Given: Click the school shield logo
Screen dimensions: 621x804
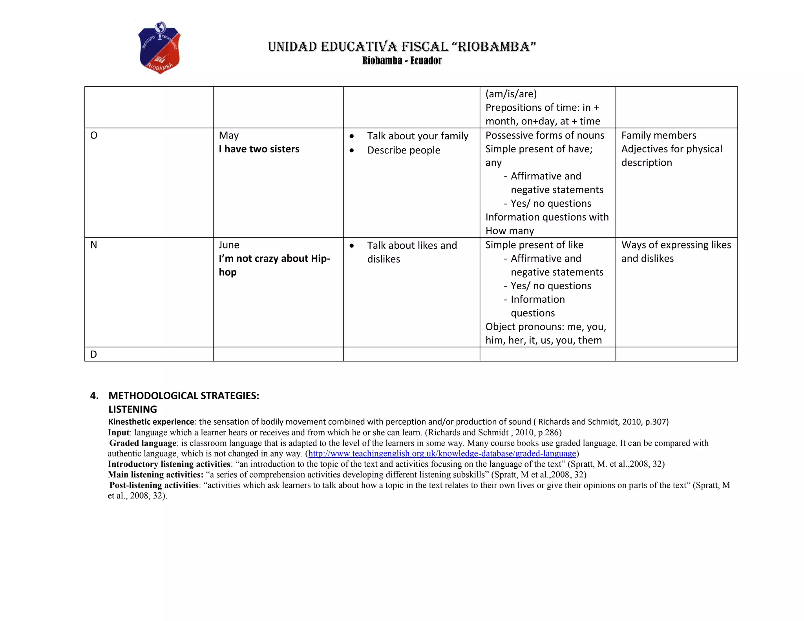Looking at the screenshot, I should click(x=159, y=47).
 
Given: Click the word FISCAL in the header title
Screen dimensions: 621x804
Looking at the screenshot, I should click(x=424, y=47).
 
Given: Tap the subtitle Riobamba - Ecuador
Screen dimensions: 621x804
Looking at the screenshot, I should click(x=402, y=61).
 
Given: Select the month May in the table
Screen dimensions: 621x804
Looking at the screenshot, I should click(x=229, y=135).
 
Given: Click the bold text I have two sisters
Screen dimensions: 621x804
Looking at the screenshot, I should click(x=259, y=149).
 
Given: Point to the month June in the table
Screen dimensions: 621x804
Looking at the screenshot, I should click(x=229, y=245).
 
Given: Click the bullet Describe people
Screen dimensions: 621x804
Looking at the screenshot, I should click(x=404, y=150).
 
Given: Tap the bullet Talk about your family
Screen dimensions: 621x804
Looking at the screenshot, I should click(x=417, y=136).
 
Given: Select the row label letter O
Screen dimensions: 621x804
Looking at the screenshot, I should click(x=94, y=135).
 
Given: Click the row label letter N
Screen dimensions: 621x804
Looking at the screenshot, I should click(x=94, y=245).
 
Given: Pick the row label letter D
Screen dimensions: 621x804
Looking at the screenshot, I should click(x=94, y=354).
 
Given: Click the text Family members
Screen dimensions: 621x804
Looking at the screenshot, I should click(x=658, y=135).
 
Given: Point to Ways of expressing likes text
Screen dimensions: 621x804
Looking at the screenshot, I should click(x=676, y=245).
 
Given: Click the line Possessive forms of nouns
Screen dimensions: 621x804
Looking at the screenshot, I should click(x=545, y=135).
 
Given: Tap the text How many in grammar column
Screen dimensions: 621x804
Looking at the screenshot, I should click(x=510, y=231).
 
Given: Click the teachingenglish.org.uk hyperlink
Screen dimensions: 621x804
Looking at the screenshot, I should click(x=442, y=454).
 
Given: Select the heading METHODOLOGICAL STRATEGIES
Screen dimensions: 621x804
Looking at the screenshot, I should click(x=184, y=396).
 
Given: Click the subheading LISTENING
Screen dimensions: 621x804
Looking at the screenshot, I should click(x=133, y=409).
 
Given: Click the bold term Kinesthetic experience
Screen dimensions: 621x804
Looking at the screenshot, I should click(x=151, y=422).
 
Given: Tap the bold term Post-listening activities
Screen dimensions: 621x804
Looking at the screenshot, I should click(x=154, y=485).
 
